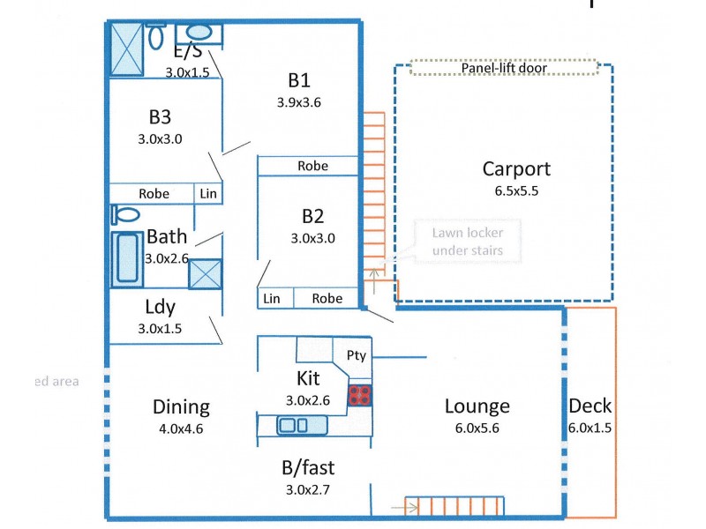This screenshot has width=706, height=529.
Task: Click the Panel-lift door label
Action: tap(504, 68)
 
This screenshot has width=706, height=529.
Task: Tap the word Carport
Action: tap(516, 169)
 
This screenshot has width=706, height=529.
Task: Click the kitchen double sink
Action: tap(292, 426)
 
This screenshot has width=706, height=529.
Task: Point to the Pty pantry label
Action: tap(357, 356)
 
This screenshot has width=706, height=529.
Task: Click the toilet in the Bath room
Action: tap(125, 214)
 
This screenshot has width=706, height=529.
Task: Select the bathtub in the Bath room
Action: tap(127, 260)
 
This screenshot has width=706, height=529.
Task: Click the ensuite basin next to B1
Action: tap(199, 34)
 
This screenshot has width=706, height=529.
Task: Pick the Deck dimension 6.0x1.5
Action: tap(590, 428)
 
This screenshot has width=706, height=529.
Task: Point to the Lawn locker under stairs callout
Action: tap(467, 242)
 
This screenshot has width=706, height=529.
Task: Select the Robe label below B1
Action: tap(312, 166)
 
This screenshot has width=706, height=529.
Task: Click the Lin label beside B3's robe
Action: tap(208, 193)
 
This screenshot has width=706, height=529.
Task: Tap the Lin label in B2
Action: tap(272, 299)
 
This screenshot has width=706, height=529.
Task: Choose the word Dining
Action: tap(181, 406)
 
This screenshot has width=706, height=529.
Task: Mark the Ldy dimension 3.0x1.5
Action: tap(160, 328)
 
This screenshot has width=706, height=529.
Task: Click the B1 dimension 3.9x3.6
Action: tap(298, 101)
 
